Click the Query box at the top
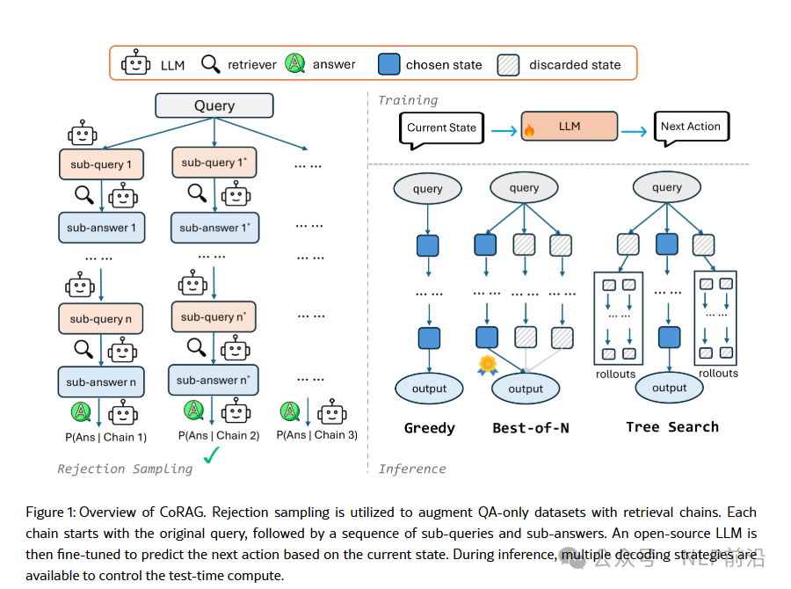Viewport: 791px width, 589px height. point(214,106)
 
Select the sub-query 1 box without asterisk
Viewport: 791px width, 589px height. point(101,164)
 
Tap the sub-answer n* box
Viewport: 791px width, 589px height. point(214,380)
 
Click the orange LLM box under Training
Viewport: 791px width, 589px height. point(569,127)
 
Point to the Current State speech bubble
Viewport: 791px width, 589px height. point(441,128)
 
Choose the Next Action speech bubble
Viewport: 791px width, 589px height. point(691,127)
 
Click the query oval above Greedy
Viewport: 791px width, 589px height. point(428,188)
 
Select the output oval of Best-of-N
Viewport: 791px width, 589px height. point(526,389)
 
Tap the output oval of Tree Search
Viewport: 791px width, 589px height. point(670,387)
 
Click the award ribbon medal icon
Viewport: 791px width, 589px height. point(487,364)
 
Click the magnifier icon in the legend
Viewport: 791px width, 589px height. point(211,63)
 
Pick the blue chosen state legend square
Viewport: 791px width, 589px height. point(388,64)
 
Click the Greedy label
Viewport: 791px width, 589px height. point(430,428)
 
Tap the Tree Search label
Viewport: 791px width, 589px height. point(672,427)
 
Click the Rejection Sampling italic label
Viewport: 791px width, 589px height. point(125,469)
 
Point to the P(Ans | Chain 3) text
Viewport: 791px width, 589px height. point(318,434)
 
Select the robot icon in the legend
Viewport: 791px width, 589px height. point(135,64)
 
